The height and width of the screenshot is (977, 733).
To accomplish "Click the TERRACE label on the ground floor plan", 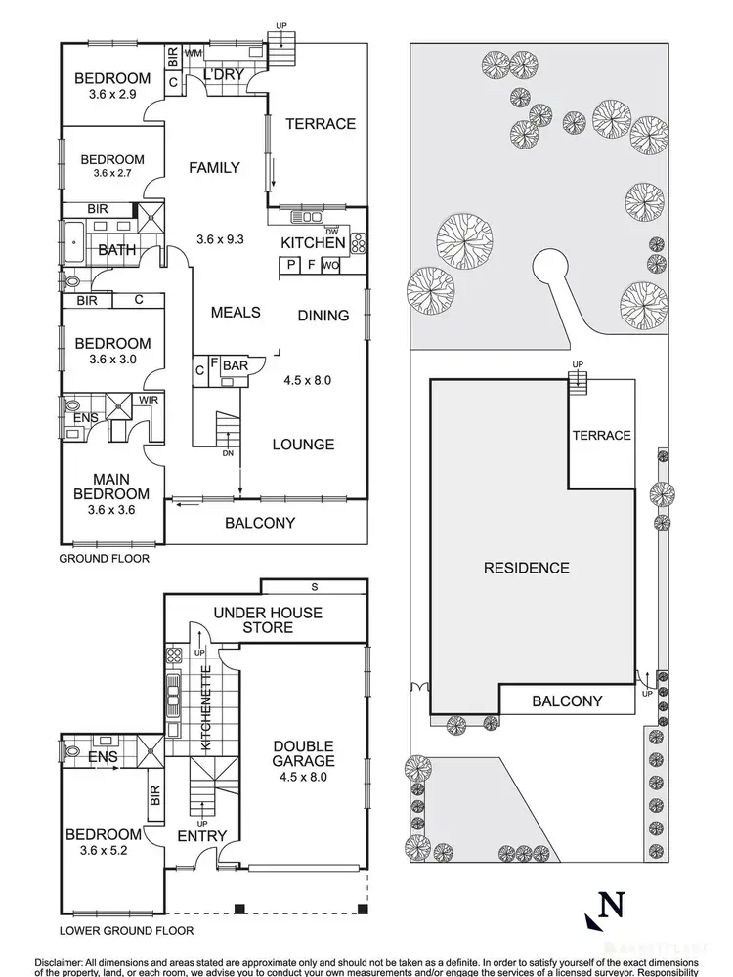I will (x=320, y=124).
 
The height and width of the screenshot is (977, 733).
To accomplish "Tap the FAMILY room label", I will (x=214, y=168).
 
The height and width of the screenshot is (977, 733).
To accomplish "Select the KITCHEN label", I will (x=313, y=243).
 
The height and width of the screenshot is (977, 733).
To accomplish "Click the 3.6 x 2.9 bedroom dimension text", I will (x=115, y=97).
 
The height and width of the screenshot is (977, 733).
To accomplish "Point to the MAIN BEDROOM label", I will (x=113, y=486).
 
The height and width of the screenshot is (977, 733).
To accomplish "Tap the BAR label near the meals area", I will (x=236, y=366).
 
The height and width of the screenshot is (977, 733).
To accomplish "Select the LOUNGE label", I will (x=302, y=445).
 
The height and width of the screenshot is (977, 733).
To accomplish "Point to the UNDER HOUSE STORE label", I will (x=268, y=619).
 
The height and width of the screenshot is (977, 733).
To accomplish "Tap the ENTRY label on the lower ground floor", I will (x=202, y=836).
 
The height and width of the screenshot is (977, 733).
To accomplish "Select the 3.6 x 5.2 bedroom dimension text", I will (x=104, y=851).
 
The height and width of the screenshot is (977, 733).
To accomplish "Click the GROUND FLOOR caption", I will (x=104, y=559).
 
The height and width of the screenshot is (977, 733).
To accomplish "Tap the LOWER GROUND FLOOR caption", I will (x=126, y=931).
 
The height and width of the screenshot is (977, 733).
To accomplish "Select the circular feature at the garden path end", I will (x=548, y=268).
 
